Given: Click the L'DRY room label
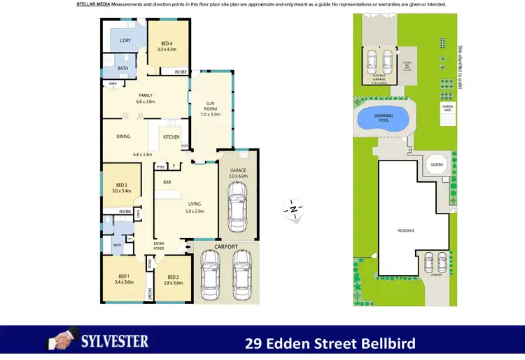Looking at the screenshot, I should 125,41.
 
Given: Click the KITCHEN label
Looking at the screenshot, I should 171,137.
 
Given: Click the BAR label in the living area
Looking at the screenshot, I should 167,182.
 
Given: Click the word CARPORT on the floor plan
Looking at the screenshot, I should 226,247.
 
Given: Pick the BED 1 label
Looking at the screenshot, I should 123,278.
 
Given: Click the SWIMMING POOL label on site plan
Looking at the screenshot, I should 382,118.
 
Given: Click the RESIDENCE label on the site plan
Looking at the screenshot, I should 406,230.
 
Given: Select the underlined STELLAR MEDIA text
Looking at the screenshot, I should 93,4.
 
